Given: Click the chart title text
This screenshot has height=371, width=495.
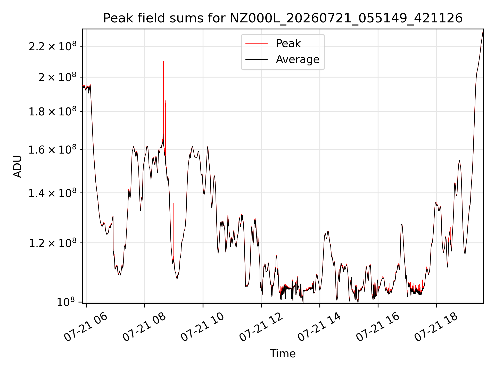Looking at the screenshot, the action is tap(283, 18).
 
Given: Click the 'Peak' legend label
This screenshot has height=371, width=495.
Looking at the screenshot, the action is tap(288, 43).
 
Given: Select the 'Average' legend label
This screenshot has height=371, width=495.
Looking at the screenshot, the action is tap(298, 60).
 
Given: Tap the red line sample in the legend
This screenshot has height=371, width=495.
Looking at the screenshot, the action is tap(257, 44).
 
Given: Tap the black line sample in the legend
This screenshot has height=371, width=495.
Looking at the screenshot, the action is tap(257, 60).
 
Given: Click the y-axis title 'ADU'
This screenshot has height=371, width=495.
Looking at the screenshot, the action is tap(18, 166).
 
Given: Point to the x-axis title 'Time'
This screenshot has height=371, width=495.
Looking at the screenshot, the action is tap(283, 353).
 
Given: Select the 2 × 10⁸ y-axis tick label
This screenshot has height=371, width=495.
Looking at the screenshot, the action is tap(57, 77).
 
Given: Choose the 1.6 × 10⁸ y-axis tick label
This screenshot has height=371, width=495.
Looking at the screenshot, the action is tap(53, 149).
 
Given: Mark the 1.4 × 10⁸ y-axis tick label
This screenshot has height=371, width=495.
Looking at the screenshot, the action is tap(53, 192).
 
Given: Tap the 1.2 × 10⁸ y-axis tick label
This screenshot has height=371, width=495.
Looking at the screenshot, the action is tap(53, 242).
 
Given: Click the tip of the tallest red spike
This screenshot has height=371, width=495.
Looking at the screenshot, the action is tap(163, 62).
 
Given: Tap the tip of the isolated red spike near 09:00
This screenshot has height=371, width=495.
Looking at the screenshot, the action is tap(173, 203).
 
